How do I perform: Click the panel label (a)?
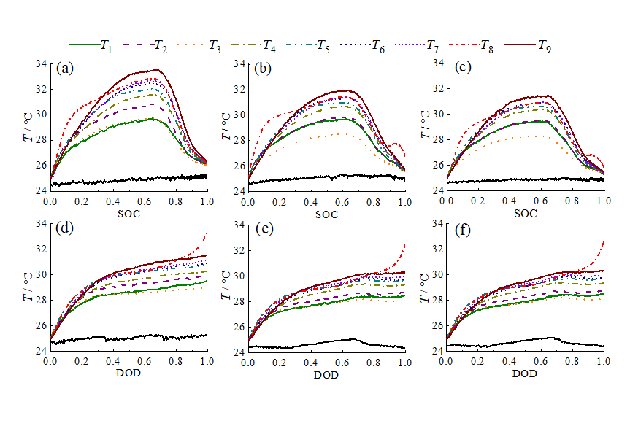tap(65, 69)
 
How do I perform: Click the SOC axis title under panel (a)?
tap(128, 214)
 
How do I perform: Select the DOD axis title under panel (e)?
tap(326, 375)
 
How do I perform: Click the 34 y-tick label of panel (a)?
tap(41, 64)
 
